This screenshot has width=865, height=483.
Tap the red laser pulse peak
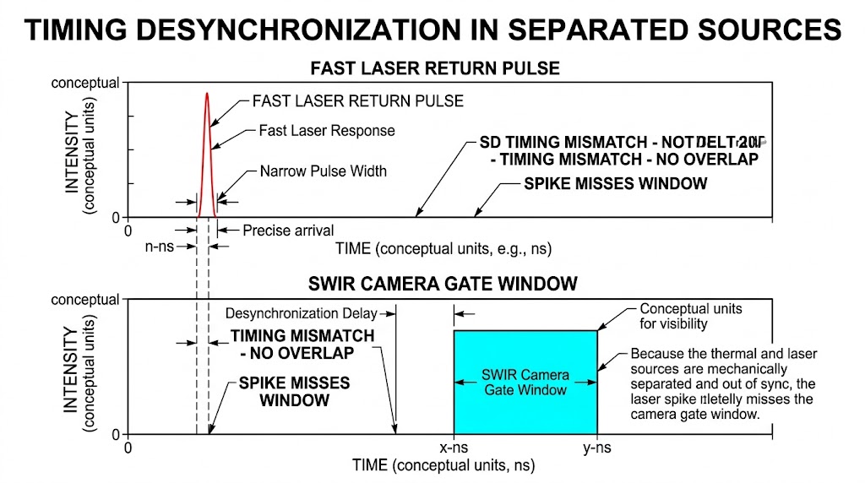click(206, 95)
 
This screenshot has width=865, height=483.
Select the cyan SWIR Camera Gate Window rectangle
click(525, 382)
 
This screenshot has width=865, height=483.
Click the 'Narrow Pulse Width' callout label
click(323, 171)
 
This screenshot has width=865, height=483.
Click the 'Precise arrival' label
click(288, 230)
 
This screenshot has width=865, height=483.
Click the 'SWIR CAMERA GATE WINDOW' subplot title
click(433, 284)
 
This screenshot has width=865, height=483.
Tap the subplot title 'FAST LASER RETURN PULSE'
click(434, 68)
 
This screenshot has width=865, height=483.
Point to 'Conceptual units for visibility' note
click(690, 316)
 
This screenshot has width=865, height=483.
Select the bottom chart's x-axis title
click(443, 465)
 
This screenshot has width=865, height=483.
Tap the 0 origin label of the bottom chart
click(128, 448)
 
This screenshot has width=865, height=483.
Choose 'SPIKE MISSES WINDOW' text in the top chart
click(615, 183)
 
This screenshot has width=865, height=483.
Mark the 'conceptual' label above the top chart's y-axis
click(85, 84)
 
